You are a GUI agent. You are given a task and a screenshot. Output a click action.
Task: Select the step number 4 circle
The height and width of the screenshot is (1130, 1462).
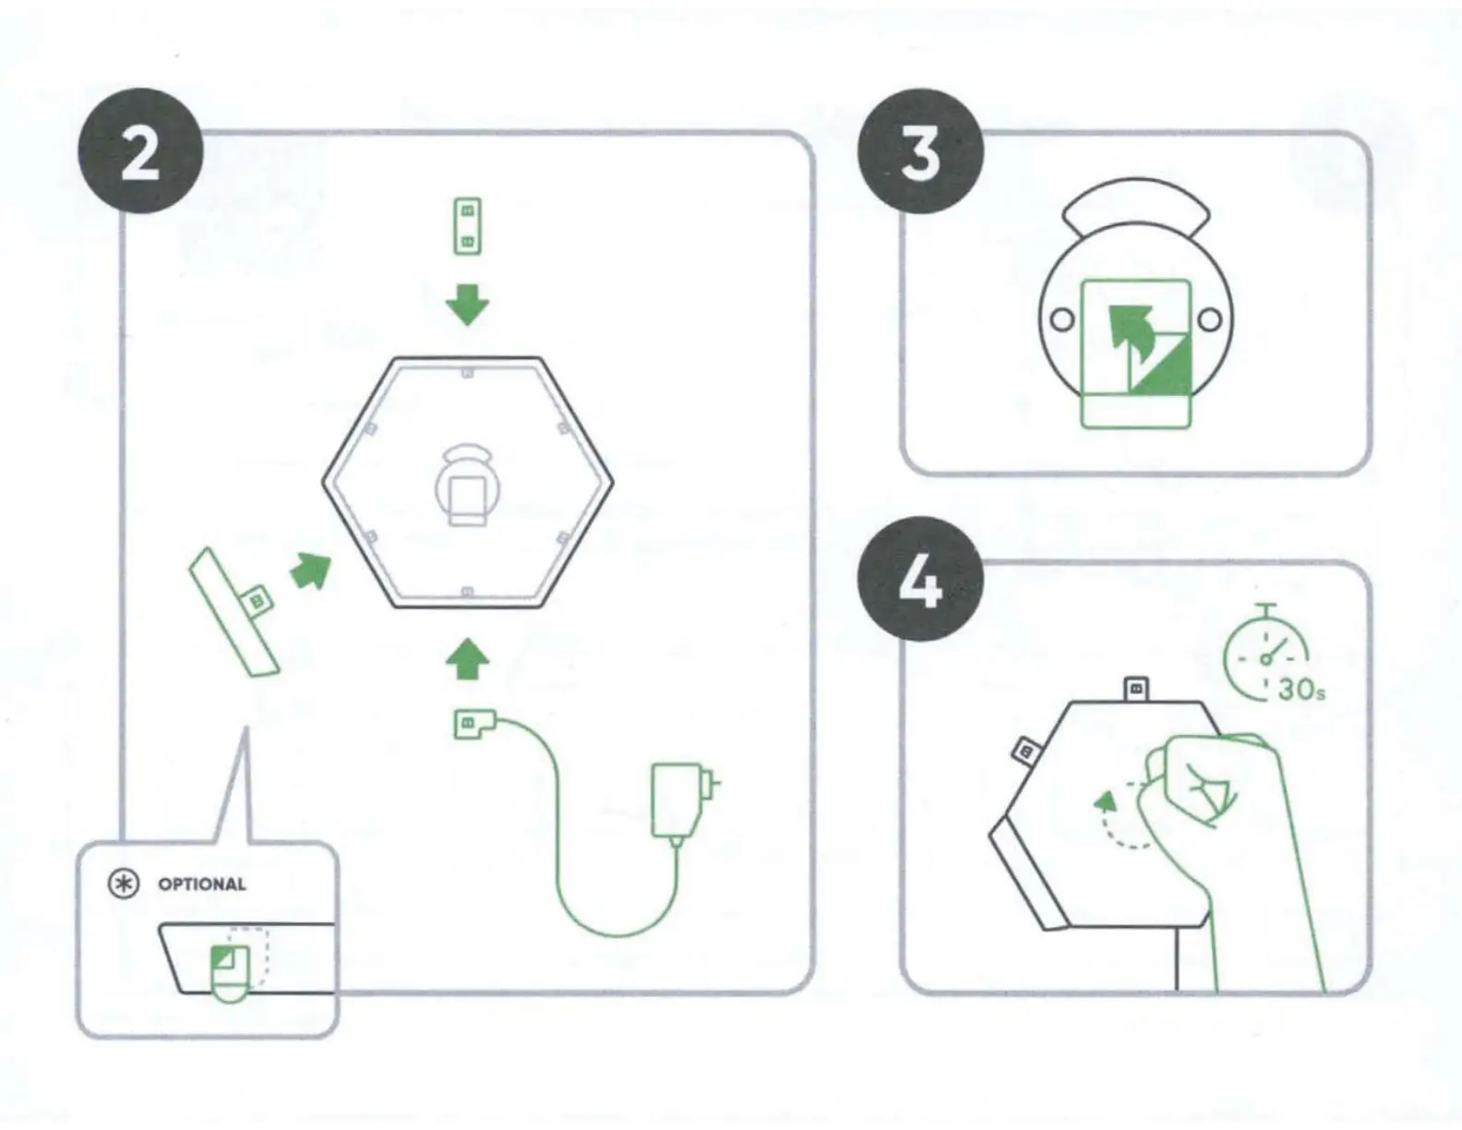920,583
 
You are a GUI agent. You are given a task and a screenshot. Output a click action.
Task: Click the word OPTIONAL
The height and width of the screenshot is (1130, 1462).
202,884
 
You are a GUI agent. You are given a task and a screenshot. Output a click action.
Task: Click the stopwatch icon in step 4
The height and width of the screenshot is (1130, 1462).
1266,652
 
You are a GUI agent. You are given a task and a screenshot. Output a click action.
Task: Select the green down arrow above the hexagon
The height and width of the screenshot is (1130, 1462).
467,305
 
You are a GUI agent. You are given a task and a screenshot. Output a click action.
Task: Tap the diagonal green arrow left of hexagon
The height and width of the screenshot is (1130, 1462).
311,571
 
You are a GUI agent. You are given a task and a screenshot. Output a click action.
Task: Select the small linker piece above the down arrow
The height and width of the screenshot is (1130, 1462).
467,226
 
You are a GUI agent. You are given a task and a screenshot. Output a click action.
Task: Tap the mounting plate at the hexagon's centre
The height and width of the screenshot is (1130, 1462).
467,489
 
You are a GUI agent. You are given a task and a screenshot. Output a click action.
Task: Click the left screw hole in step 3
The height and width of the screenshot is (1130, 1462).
1062,319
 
